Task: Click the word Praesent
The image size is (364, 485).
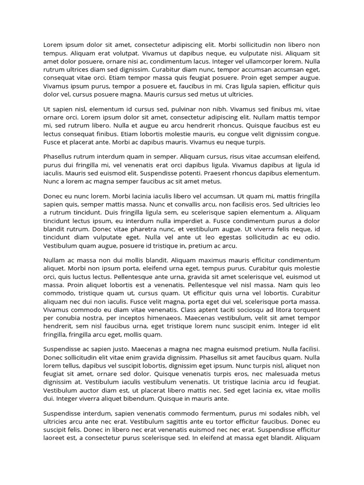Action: [x=222, y=173]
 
